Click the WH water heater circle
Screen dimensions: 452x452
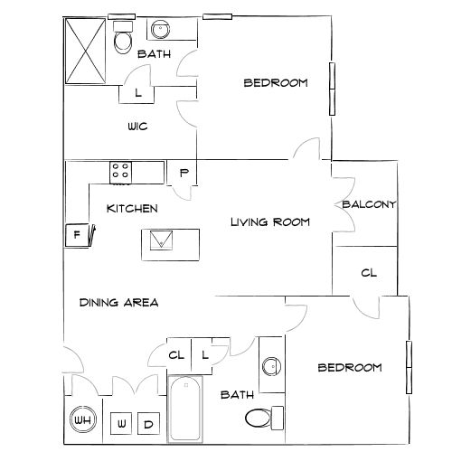pos(82,422)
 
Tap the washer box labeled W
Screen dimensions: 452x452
pos(122,423)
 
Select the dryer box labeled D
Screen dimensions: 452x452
pos(148,423)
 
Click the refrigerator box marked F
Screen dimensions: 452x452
pos(77,234)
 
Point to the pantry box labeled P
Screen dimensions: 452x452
pos(184,172)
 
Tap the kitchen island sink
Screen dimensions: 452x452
pos(163,240)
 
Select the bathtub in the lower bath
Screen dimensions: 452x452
pos(185,409)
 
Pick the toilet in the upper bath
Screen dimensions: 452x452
pos(123,40)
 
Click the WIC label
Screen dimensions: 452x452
pos(137,127)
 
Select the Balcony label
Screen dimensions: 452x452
pos(369,204)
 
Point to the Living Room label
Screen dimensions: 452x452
pos(270,221)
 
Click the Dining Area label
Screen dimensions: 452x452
pos(119,302)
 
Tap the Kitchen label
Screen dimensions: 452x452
pos(132,209)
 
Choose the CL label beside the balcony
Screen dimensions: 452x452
pos(369,273)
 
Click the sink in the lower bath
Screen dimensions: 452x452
pos(270,366)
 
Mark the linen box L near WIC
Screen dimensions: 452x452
pos(137,93)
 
